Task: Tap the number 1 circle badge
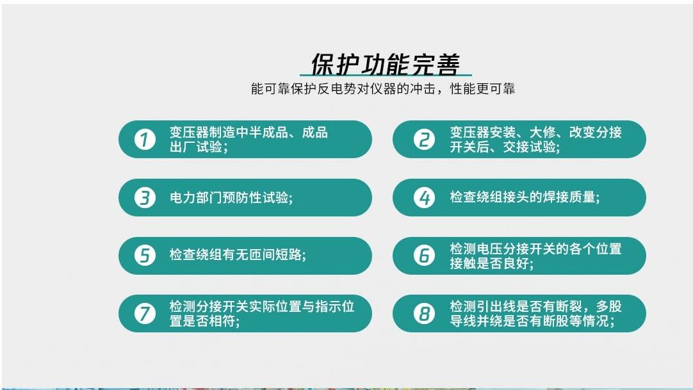point(145,139)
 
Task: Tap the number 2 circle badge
point(423,139)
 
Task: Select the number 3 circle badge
point(145,197)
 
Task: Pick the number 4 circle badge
point(423,197)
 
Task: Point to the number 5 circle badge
point(145,256)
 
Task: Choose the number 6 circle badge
point(423,256)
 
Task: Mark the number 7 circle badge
point(145,314)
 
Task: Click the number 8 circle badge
point(423,314)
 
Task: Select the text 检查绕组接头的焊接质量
point(523,197)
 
